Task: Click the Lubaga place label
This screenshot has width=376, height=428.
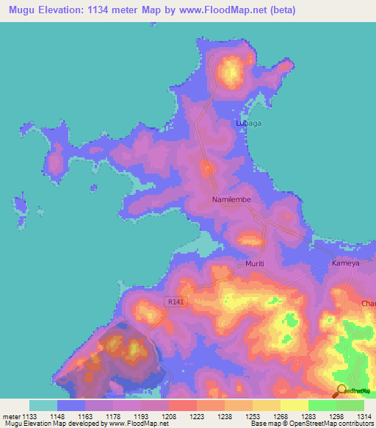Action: tap(247, 124)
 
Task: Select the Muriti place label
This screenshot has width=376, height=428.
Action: tap(254, 263)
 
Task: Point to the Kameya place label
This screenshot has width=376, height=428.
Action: tap(345, 263)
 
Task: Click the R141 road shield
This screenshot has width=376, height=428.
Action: tap(174, 302)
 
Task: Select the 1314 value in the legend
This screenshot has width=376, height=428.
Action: tap(364, 416)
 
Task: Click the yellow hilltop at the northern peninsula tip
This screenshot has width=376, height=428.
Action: tap(232, 71)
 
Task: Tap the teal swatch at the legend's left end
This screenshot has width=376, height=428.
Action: tap(43, 405)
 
